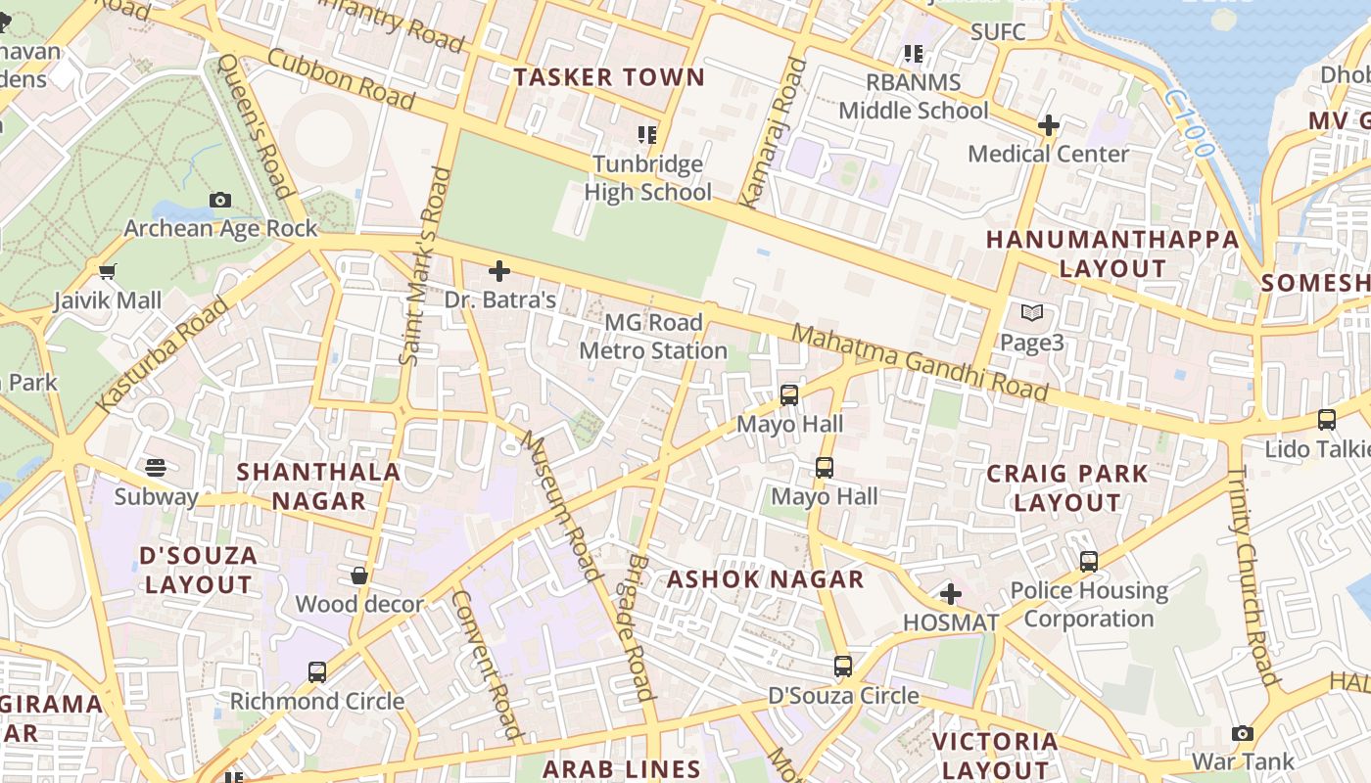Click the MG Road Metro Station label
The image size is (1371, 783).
coord(653,337)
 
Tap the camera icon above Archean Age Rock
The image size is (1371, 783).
coord(220,200)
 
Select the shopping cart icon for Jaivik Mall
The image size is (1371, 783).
coord(108,271)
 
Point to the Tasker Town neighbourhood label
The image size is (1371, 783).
coord(609,77)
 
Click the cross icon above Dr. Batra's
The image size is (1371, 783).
coord(499,271)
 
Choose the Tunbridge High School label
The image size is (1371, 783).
coord(647,178)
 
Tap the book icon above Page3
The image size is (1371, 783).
coord(1032,313)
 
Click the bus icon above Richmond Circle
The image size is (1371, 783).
coord(316,672)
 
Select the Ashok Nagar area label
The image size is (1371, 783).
coord(766,579)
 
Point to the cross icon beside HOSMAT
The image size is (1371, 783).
coord(950,594)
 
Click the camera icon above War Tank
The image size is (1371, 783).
coord(1243,733)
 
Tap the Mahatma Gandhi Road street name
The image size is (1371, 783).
coord(920,363)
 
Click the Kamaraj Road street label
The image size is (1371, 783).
coord(773,132)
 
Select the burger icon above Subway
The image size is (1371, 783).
coord(156,467)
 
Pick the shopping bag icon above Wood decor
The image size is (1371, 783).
coord(359,576)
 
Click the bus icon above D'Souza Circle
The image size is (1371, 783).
coord(843,667)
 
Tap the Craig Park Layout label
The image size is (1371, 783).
coord(1066,487)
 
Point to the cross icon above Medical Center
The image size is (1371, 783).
coord(1049,125)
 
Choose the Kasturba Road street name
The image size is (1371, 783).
coord(164,354)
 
